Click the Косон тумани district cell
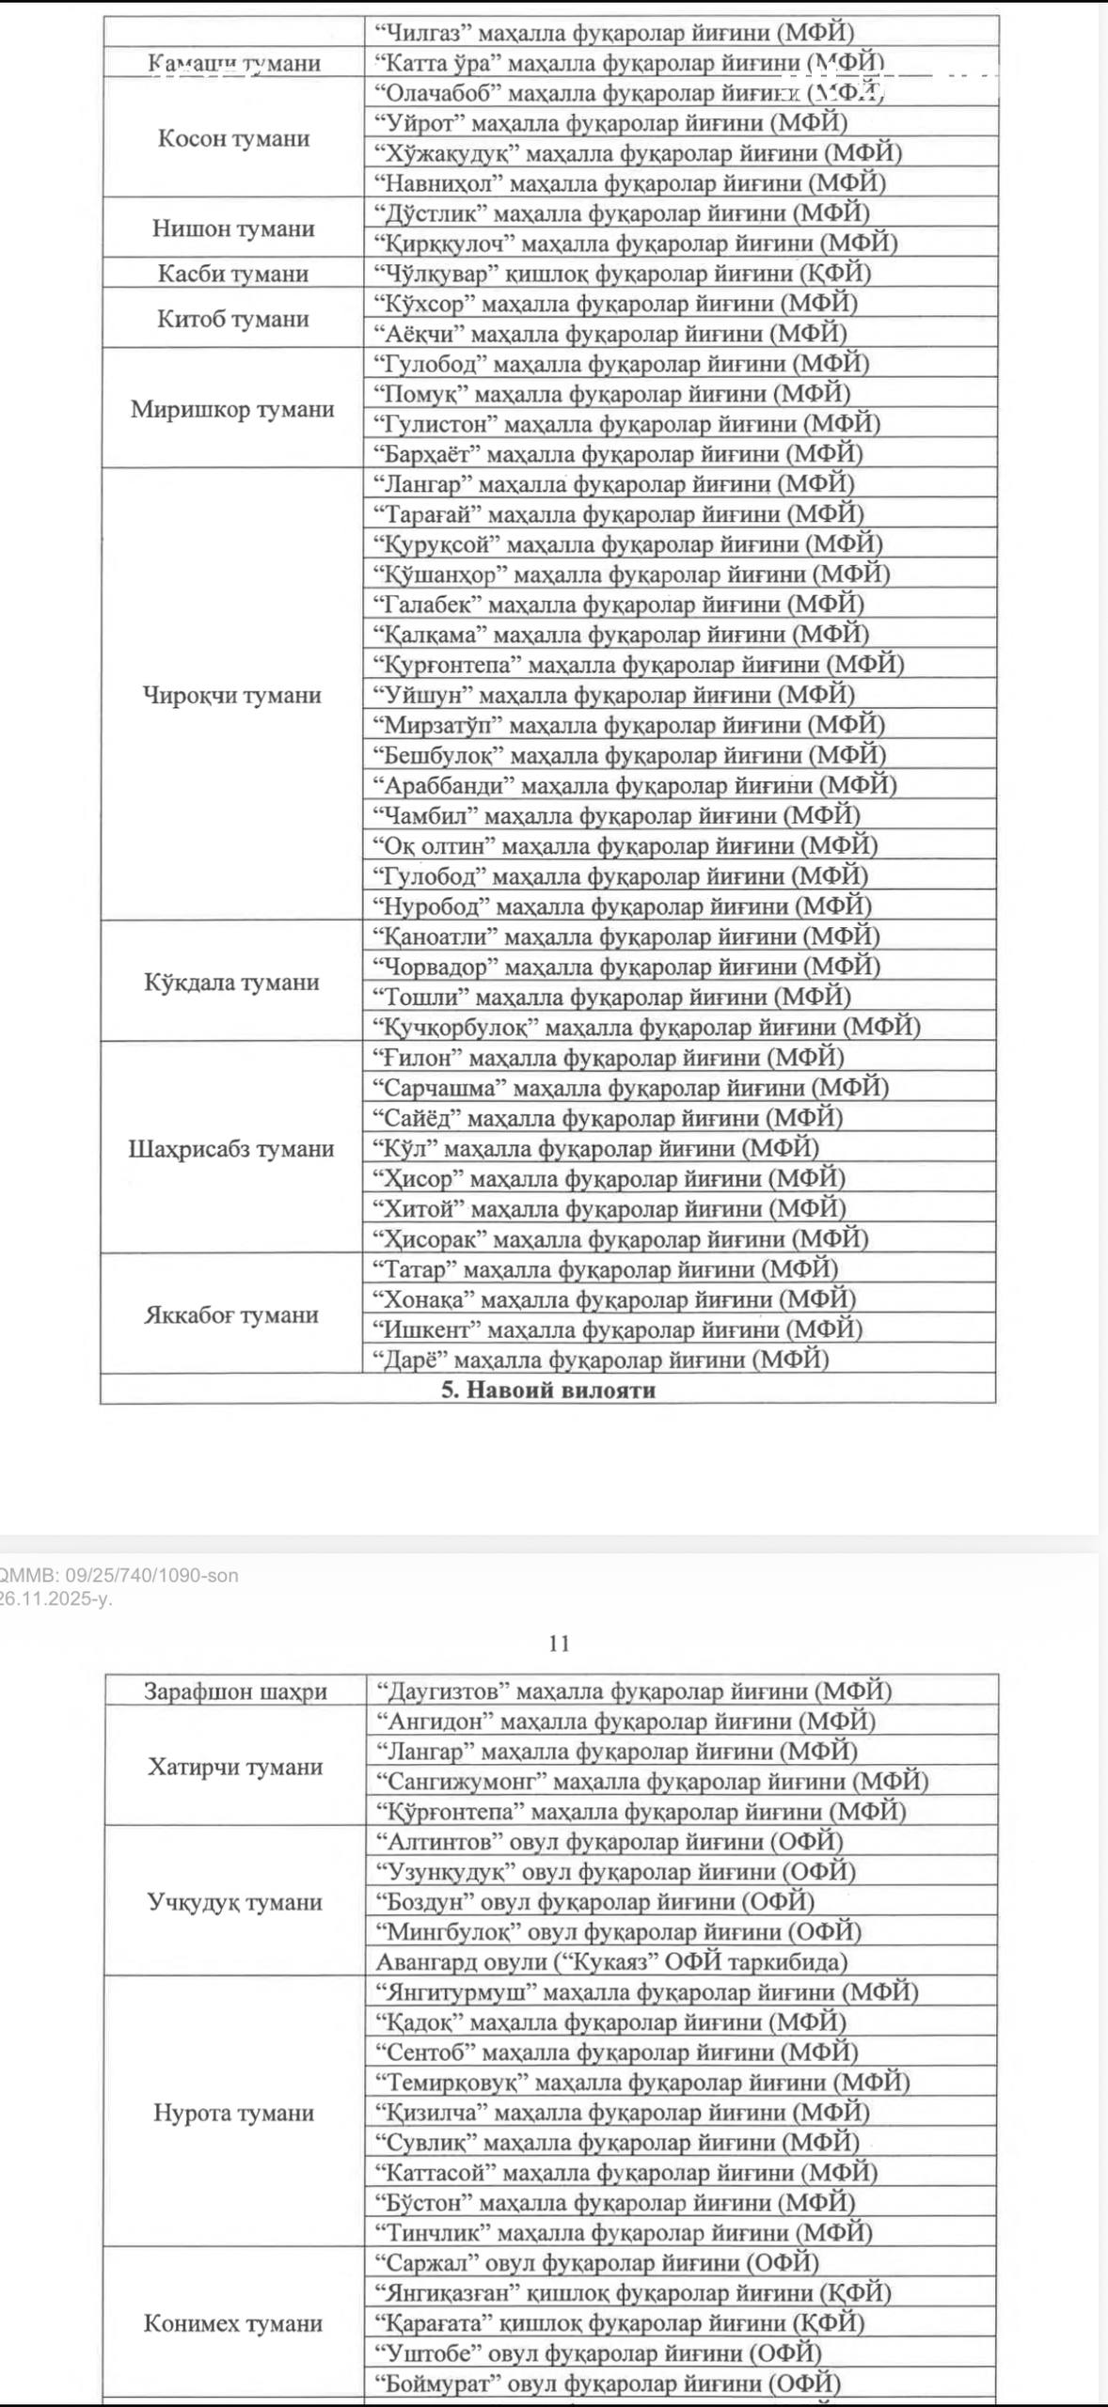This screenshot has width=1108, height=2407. [233, 138]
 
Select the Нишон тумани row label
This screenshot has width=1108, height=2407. [233, 228]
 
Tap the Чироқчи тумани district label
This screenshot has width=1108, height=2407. [232, 695]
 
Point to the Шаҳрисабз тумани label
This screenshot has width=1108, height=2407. [231, 1148]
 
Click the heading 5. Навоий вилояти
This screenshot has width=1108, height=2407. [548, 1390]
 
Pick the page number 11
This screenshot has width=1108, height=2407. [559, 1643]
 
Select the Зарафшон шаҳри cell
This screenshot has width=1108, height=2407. [235, 1691]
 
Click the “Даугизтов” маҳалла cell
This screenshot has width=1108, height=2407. [634, 1691]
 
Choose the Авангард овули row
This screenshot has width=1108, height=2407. [611, 1962]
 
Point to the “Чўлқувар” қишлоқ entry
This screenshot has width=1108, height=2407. [622, 274]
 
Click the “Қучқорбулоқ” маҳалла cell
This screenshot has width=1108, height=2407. [646, 1027]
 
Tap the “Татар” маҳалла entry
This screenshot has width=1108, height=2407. [606, 1269]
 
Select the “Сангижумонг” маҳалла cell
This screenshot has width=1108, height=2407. [652, 1782]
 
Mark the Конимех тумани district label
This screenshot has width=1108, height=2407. [232, 2323]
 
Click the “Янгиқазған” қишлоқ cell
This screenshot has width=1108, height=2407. [633, 2293]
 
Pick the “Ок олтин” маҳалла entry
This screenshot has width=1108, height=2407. [625, 846]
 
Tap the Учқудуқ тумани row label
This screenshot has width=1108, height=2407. [234, 1902]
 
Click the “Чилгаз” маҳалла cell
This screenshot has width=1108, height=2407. [614, 33]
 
